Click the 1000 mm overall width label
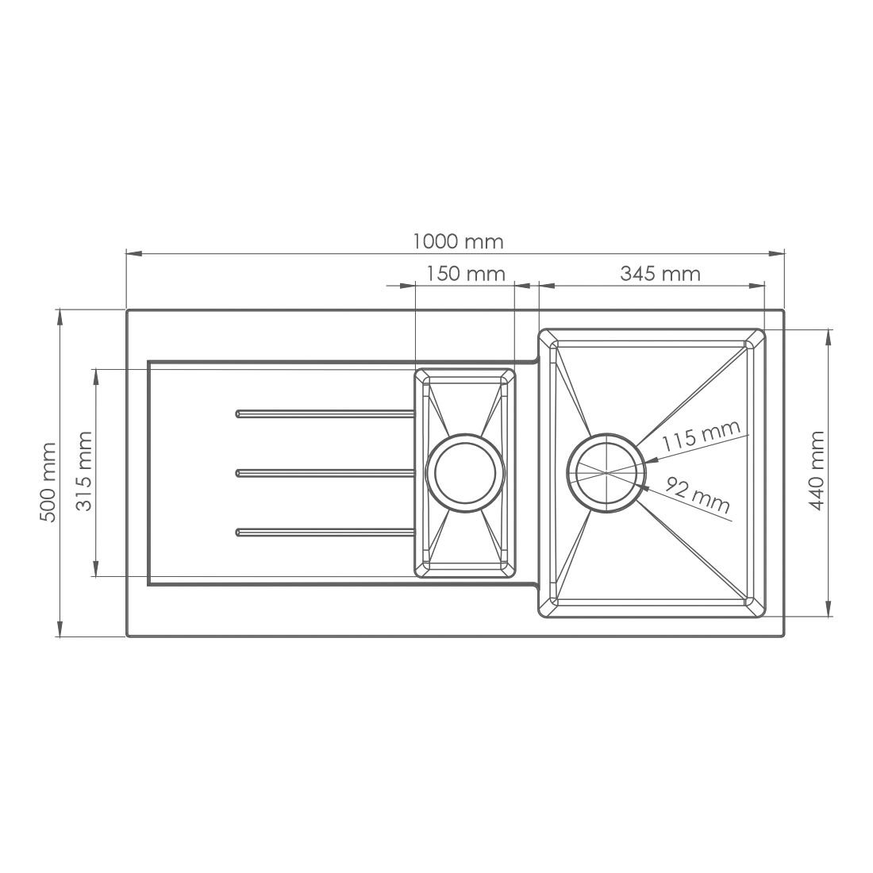pos(458,242)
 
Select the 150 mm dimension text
pos(466,274)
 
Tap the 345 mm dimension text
pos(660,274)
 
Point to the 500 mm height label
pos(48,483)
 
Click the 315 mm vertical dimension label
pos(83,471)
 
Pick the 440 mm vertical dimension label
pos(817,470)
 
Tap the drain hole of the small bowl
pos(465,473)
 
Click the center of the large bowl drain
pos(606,473)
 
